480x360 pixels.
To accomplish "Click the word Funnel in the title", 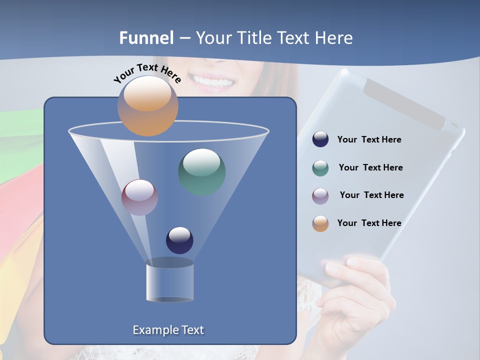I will point(146,38).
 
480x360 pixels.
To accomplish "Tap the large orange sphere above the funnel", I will point(147,105).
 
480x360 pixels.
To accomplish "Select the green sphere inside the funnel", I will point(201,171).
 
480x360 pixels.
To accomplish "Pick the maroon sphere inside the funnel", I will point(139,197).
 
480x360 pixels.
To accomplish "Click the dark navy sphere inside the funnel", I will point(179,240).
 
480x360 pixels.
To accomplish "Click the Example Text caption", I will point(168,330).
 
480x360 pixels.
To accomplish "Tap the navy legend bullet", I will point(320,139).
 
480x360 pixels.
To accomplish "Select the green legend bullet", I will point(320,168).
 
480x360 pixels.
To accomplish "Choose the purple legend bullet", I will point(320,195).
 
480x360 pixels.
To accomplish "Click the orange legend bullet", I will point(320,223).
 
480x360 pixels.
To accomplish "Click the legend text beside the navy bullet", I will point(369,139).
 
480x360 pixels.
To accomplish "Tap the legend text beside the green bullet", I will point(370,167).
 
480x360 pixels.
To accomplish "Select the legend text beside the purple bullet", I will point(371,195).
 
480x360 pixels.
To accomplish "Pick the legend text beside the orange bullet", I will point(369,223).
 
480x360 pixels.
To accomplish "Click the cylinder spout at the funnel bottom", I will point(169,281).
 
